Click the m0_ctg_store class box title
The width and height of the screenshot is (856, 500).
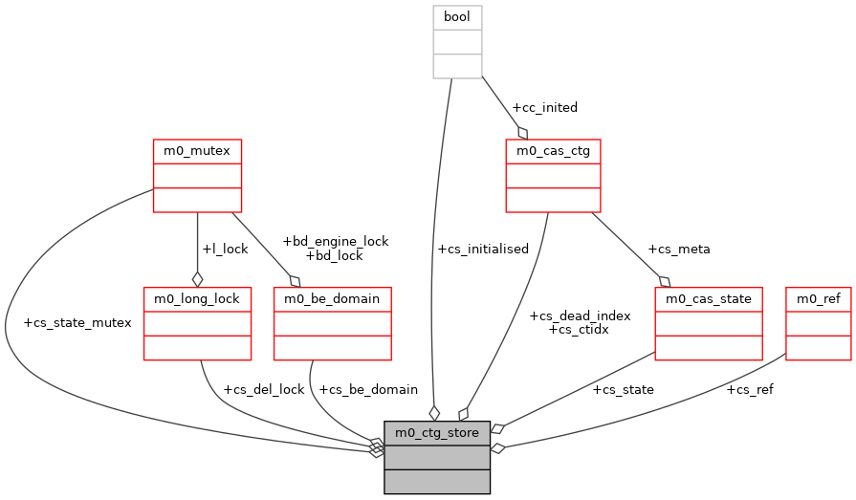click(x=437, y=433)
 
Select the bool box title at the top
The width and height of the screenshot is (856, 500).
click(x=457, y=17)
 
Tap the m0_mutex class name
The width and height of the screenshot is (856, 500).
click(x=197, y=151)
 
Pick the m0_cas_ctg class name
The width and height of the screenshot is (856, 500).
click(x=553, y=151)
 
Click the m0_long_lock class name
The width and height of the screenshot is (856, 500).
click(x=197, y=298)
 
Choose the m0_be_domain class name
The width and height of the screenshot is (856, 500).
click(x=333, y=298)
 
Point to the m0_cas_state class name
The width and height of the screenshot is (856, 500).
click(x=709, y=298)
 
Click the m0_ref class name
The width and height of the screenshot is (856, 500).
click(x=818, y=298)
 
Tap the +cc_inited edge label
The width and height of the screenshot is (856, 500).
click(x=544, y=107)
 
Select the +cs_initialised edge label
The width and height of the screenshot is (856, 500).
click(x=482, y=249)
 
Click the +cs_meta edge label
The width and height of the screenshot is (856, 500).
click(x=678, y=249)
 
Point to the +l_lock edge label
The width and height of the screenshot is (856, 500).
click(x=225, y=249)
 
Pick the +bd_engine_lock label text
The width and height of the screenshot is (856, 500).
click(x=335, y=241)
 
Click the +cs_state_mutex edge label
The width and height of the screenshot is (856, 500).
click(x=77, y=322)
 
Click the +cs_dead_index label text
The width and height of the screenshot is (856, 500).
click(x=580, y=315)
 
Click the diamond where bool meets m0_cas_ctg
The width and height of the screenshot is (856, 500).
click(x=522, y=132)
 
